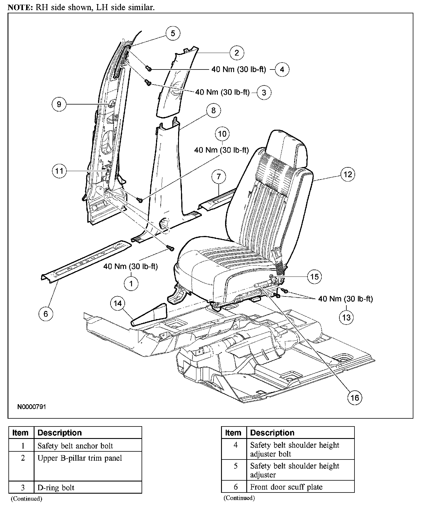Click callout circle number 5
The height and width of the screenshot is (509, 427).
tap(173, 33)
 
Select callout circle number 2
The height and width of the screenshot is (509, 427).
tap(237, 53)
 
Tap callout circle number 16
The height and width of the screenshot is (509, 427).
tap(355, 398)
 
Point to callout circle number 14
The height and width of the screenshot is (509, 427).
tap(117, 303)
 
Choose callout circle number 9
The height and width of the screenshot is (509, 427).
tap(59, 104)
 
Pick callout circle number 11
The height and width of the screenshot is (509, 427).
tap(59, 171)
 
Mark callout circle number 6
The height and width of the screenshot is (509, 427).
tap(46, 314)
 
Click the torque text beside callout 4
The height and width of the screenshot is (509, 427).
tap(238, 70)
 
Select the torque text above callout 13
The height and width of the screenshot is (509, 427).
tap(345, 299)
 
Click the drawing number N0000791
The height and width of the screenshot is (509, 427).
tap(32, 407)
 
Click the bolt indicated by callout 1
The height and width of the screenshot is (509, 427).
tap(171, 248)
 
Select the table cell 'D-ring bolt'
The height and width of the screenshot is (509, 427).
tap(88, 488)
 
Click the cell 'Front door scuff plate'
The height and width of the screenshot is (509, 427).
tap(300, 487)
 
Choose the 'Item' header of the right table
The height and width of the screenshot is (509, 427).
tap(233, 433)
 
